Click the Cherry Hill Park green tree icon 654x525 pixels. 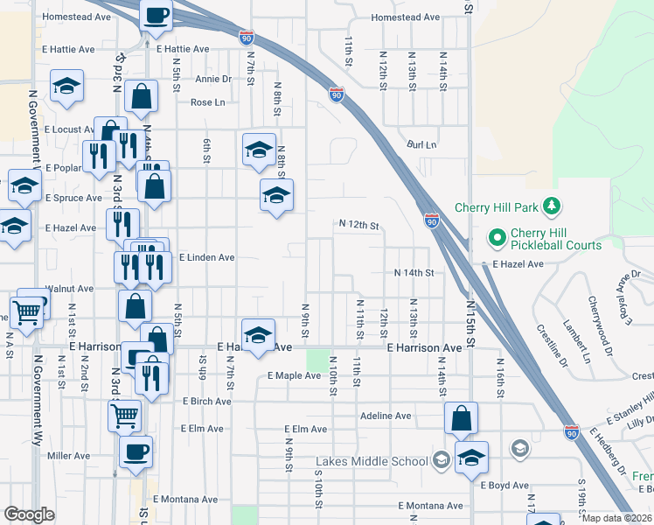pyautogui.click(x=551, y=207)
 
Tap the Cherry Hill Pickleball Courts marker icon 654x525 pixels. pyautogui.click(x=497, y=237)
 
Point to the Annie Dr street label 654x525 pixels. pyautogui.click(x=213, y=79)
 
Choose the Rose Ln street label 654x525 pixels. pyautogui.click(x=208, y=102)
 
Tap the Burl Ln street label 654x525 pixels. pyautogui.click(x=421, y=144)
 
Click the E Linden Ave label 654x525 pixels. pyautogui.click(x=207, y=258)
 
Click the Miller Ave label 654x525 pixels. pyautogui.click(x=68, y=456)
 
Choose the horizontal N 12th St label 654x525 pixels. pyautogui.click(x=359, y=226)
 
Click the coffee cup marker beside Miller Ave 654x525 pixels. pyautogui.click(x=136, y=451)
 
